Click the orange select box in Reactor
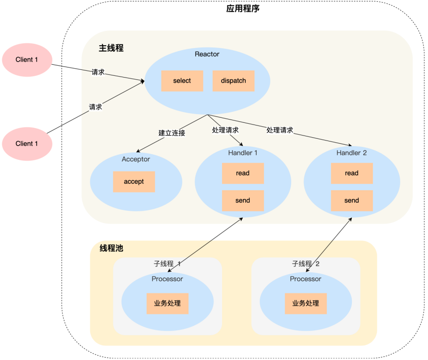(182, 81)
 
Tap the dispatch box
(233, 81)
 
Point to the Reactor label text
(207, 54)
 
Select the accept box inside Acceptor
(134, 182)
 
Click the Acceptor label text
(136, 159)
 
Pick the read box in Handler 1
(242, 173)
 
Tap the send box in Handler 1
(242, 200)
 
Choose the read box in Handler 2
(351, 173)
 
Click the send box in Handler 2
(351, 200)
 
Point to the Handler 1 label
(242, 153)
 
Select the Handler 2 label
(351, 153)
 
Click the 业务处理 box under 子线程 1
(167, 303)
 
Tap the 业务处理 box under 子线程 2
(306, 303)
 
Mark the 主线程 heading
(111, 48)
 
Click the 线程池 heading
(111, 248)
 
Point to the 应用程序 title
(242, 9)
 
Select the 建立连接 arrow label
(172, 133)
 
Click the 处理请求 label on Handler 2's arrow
(280, 130)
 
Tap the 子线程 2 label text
(306, 264)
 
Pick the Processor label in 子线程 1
(167, 279)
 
